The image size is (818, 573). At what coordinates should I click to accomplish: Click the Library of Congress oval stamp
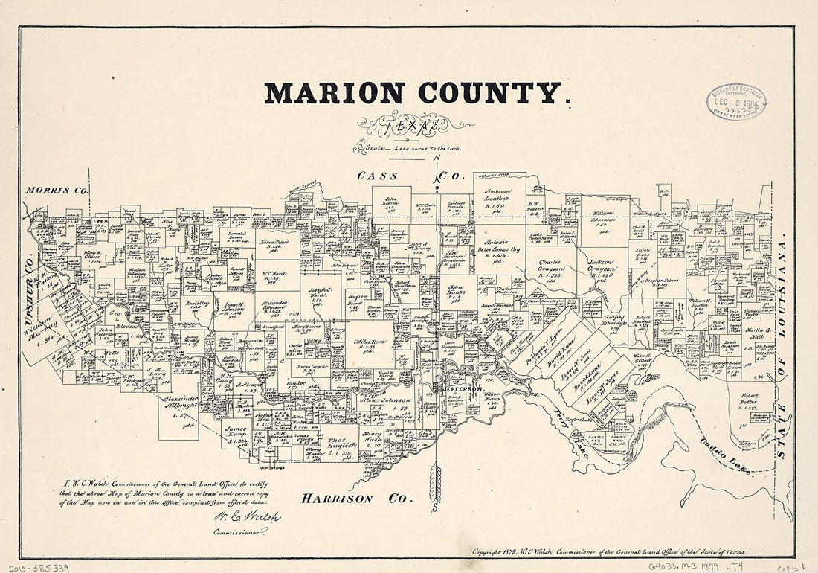tap(737, 101)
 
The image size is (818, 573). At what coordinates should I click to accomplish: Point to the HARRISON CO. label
tap(356, 499)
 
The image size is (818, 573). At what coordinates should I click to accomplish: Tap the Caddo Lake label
tap(724, 455)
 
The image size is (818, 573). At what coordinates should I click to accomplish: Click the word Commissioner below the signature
tap(240, 532)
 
